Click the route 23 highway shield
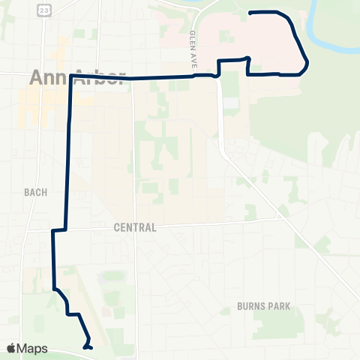(45, 8)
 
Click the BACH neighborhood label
(34, 192)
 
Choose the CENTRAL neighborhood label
(136, 227)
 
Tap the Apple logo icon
(11, 348)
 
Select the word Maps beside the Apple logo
(32, 348)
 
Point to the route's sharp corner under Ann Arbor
(72, 76)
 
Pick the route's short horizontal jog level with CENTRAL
(59, 230)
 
